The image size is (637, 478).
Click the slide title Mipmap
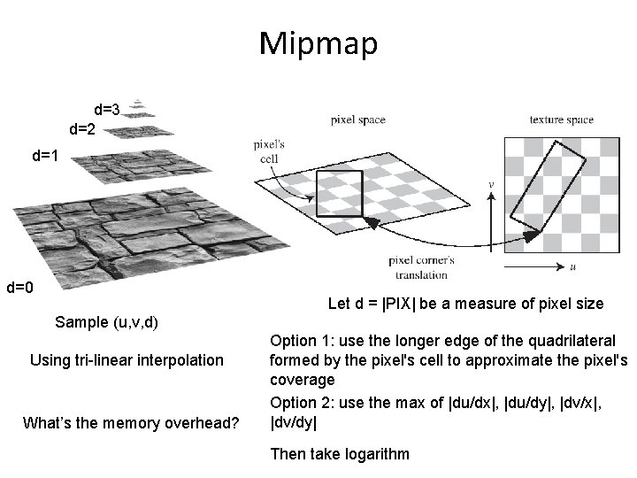click(318, 42)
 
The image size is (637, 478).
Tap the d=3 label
click(107, 111)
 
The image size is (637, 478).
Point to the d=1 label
click(45, 157)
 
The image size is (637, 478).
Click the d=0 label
click(19, 288)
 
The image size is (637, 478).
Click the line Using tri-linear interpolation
click(127, 360)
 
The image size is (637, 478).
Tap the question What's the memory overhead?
click(130, 424)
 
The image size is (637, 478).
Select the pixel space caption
click(357, 119)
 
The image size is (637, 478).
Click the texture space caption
click(561, 119)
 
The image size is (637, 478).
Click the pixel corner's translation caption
click(421, 266)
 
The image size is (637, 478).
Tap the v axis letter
click(492, 185)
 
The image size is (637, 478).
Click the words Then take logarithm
click(340, 454)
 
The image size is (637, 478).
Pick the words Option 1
click(299, 341)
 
